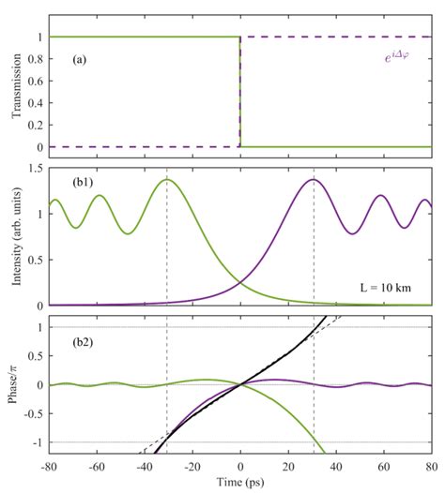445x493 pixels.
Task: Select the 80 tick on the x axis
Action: [x=431, y=466]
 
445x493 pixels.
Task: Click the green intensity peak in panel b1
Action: [x=167, y=179]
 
